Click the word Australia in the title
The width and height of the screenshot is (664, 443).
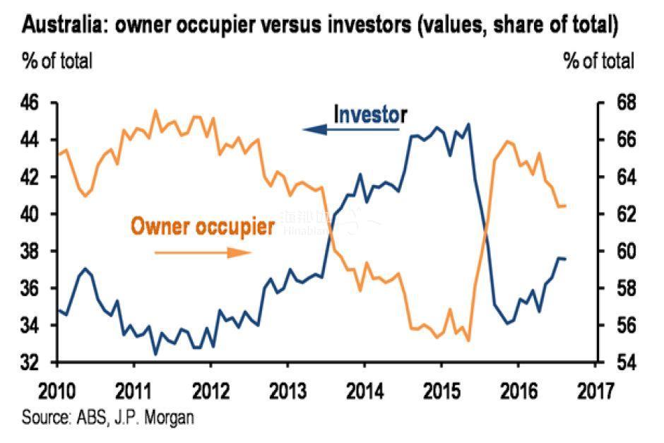click(x=62, y=28)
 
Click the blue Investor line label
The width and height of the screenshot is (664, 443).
click(x=370, y=114)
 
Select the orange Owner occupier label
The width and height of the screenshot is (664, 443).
click(x=203, y=227)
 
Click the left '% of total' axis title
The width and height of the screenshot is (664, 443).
click(x=57, y=61)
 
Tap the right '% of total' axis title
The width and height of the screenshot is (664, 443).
click(x=599, y=61)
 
